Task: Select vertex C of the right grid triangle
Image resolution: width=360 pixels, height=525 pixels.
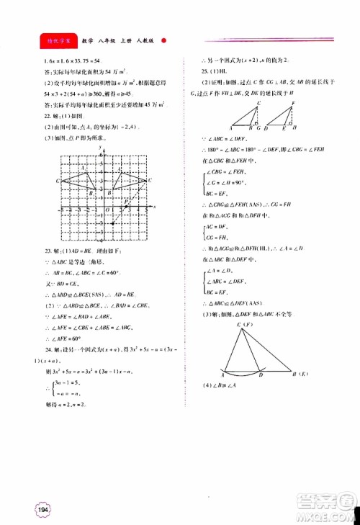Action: pyautogui.click(x=153, y=182)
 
